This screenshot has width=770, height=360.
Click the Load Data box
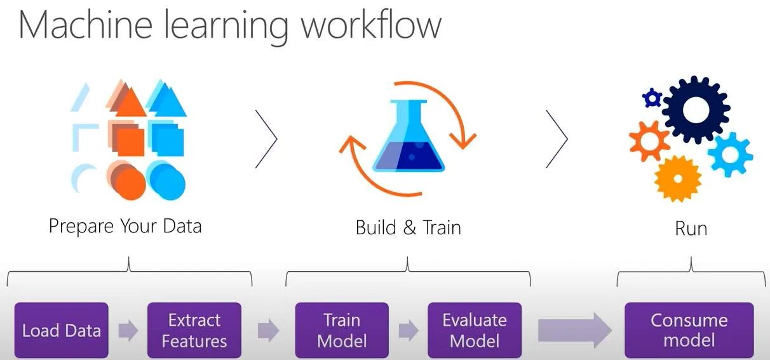click(62, 331)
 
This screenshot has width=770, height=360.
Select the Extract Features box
click(194, 331)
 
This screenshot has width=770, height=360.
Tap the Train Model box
click(342, 331)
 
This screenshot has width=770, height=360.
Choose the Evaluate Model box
click(475, 331)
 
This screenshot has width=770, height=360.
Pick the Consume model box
click(689, 331)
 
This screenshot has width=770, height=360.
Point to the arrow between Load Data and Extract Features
click(128, 331)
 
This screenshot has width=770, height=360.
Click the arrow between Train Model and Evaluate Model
click(409, 331)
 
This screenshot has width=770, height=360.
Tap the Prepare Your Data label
click(125, 226)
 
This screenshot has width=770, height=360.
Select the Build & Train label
click(409, 227)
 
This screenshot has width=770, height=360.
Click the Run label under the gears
click(691, 228)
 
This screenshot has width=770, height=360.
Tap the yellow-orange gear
click(677, 178)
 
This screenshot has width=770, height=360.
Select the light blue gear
click(730, 154)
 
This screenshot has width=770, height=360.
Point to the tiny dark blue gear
click(652, 98)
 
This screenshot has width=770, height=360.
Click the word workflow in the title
click(371, 27)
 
